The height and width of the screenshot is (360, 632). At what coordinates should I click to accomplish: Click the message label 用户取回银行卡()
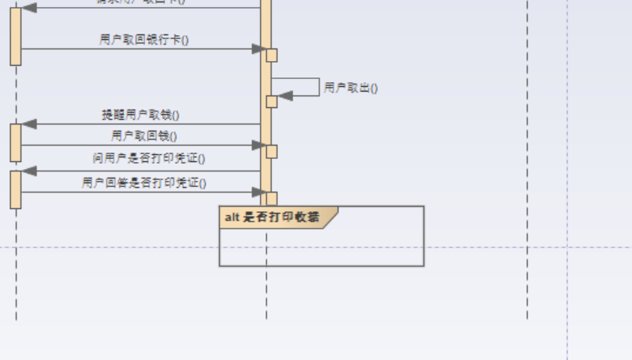pyautogui.click(x=145, y=40)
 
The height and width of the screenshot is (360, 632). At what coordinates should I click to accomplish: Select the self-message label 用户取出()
pyautogui.click(x=351, y=88)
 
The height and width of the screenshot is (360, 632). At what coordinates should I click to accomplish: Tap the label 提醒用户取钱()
pyautogui.click(x=140, y=115)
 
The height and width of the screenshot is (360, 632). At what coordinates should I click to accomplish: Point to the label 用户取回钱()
pyautogui.click(x=144, y=136)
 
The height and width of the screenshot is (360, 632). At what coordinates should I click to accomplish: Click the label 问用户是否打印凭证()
pyautogui.click(x=149, y=159)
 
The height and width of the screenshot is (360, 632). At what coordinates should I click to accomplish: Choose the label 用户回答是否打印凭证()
pyautogui.click(x=144, y=183)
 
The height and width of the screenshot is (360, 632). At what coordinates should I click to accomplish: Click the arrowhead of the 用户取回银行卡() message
pyautogui.click(x=258, y=49)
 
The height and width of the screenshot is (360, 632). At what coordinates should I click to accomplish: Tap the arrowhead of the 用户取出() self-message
pyautogui.click(x=285, y=95)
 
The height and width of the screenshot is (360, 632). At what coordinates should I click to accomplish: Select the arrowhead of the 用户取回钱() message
pyautogui.click(x=258, y=145)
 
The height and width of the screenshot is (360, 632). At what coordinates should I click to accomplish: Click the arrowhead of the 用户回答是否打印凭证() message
pyautogui.click(x=258, y=192)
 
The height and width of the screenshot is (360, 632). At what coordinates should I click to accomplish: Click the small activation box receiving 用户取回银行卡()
pyautogui.click(x=272, y=55)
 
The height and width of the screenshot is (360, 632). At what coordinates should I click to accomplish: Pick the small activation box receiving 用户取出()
pyautogui.click(x=272, y=102)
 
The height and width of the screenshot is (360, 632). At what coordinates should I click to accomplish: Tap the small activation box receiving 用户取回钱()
pyautogui.click(x=272, y=151)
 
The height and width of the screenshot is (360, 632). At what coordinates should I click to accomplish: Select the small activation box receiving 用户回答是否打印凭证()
pyautogui.click(x=272, y=198)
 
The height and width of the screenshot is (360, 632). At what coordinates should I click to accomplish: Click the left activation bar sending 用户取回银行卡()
pyautogui.click(x=16, y=36)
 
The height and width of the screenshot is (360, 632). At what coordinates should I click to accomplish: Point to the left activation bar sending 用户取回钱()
pyautogui.click(x=16, y=142)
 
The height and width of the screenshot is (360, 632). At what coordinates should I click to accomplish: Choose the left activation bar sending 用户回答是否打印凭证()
pyautogui.click(x=16, y=189)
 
